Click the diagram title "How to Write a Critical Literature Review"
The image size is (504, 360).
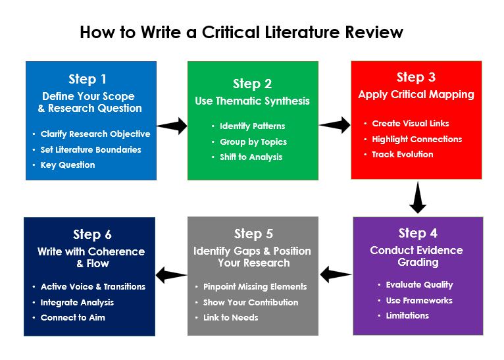(x=241, y=32)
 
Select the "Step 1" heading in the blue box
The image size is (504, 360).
(x=88, y=80)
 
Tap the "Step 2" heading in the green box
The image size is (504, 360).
(x=252, y=84)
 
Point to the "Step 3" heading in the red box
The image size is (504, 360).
(x=416, y=78)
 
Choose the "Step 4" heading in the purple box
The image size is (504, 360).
(x=418, y=234)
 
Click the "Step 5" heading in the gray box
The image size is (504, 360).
(x=253, y=234)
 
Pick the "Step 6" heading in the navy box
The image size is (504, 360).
(x=92, y=235)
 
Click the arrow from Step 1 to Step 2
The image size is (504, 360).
(x=172, y=126)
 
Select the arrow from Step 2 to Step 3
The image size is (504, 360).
(x=335, y=124)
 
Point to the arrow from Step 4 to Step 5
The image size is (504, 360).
(x=336, y=272)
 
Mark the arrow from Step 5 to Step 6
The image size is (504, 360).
(x=171, y=274)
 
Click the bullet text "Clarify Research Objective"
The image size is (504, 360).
(x=95, y=134)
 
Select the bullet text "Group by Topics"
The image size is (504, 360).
(x=253, y=141)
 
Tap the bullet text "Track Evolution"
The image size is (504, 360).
(x=403, y=155)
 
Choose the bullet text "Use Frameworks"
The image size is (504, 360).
(x=419, y=300)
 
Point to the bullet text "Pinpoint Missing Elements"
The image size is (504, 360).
(x=255, y=287)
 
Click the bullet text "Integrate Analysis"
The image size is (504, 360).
(x=77, y=303)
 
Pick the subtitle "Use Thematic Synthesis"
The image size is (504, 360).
(x=252, y=101)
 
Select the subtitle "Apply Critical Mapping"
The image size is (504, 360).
(x=416, y=95)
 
